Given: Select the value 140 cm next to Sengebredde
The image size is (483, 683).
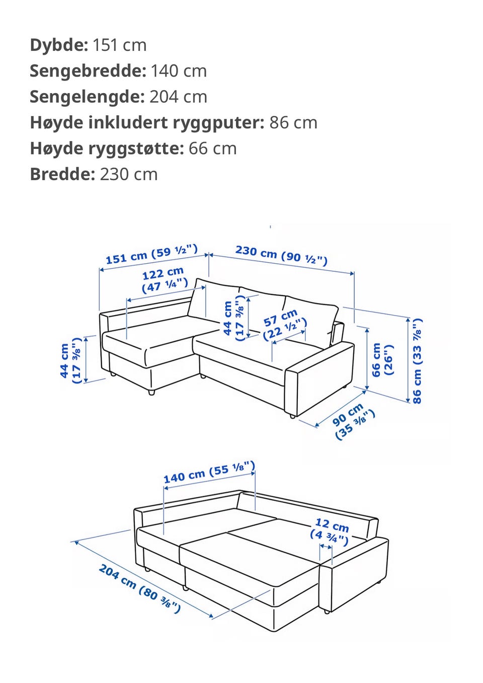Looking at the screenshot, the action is click(x=179, y=71).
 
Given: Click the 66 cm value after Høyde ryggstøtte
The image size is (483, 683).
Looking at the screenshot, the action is click(x=212, y=148).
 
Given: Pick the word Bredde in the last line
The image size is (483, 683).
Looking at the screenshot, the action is click(x=61, y=175).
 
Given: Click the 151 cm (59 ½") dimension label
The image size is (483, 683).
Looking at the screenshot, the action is click(x=152, y=254).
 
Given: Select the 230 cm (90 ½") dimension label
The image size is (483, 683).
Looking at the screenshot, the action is click(x=281, y=255).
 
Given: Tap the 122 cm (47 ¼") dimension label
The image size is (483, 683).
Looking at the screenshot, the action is click(x=164, y=280).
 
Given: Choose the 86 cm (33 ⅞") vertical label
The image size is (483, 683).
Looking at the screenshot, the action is click(x=417, y=361).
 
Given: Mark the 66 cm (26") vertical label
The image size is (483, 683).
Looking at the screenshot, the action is click(x=382, y=360).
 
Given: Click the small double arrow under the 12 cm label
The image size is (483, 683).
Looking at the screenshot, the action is click(x=326, y=547).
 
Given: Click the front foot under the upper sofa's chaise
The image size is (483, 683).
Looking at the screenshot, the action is click(x=151, y=393).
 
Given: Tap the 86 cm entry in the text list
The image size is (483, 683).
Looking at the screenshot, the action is click(x=293, y=123).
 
